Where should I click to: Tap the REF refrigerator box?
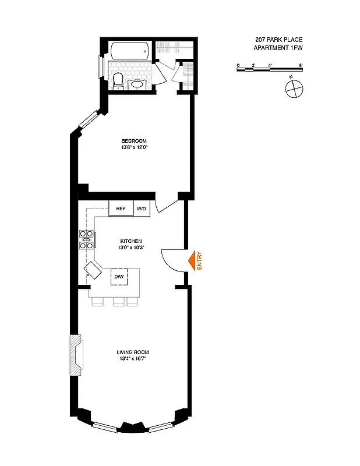click(x=121, y=209)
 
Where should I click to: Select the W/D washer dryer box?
click(x=142, y=209)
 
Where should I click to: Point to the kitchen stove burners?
click(x=86, y=240)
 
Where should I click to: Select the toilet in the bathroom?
click(x=118, y=80)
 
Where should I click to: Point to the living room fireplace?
click(x=76, y=355)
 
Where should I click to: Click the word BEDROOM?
click(x=133, y=141)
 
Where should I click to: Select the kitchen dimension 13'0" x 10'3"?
click(x=132, y=248)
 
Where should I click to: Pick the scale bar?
click(x=270, y=69)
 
